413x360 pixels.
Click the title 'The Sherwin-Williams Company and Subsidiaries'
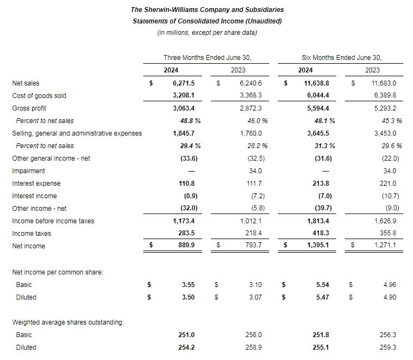(x=207, y=9)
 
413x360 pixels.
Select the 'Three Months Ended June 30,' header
(x=207, y=57)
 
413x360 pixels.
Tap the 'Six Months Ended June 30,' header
(x=342, y=57)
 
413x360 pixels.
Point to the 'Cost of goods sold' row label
(x=39, y=96)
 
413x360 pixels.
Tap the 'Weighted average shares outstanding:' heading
(x=68, y=322)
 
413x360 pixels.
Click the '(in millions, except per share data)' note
(x=207, y=33)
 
